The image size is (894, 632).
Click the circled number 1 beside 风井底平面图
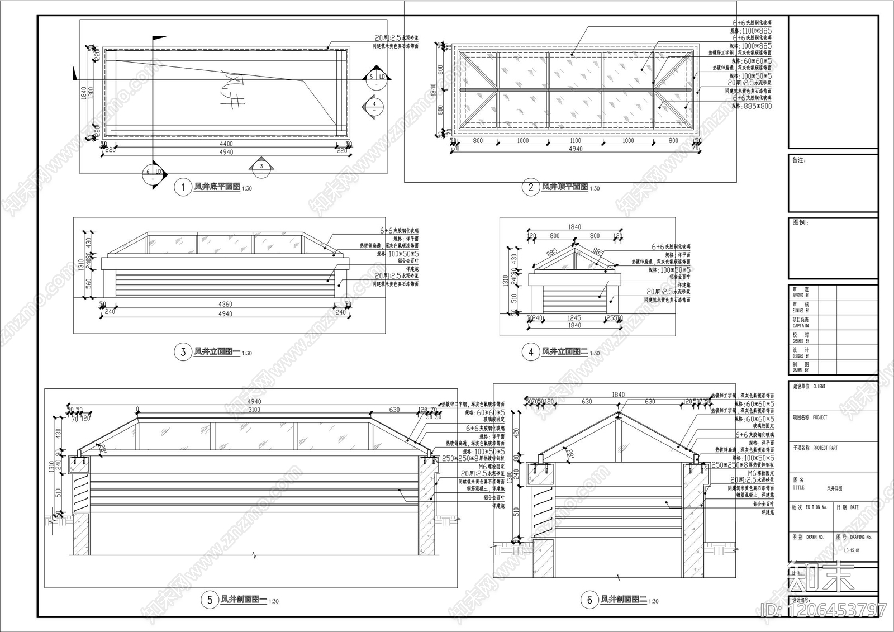coord(183,187)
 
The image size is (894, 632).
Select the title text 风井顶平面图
coord(564,187)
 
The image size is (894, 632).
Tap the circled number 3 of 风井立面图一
coord(183,351)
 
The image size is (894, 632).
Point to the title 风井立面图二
coord(564,351)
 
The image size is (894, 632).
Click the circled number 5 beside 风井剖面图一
coord(210,600)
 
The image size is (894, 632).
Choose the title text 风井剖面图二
coord(623,600)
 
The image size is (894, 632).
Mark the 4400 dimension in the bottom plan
coord(226,144)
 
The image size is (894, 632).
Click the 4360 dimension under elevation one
coord(225,305)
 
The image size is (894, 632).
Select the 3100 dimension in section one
coord(254,410)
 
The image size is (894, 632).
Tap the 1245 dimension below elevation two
coord(574,318)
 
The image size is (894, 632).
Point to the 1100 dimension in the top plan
coord(575,141)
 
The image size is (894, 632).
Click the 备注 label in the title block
coord(799,160)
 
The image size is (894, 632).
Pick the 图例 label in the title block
coord(800,222)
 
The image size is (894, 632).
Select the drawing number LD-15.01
coord(852,550)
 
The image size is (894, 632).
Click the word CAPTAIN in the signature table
coord(800,326)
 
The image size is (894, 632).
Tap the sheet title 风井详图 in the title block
coord(834,488)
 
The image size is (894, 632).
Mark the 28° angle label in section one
coord(102,447)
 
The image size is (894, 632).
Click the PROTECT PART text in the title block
coord(825,448)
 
